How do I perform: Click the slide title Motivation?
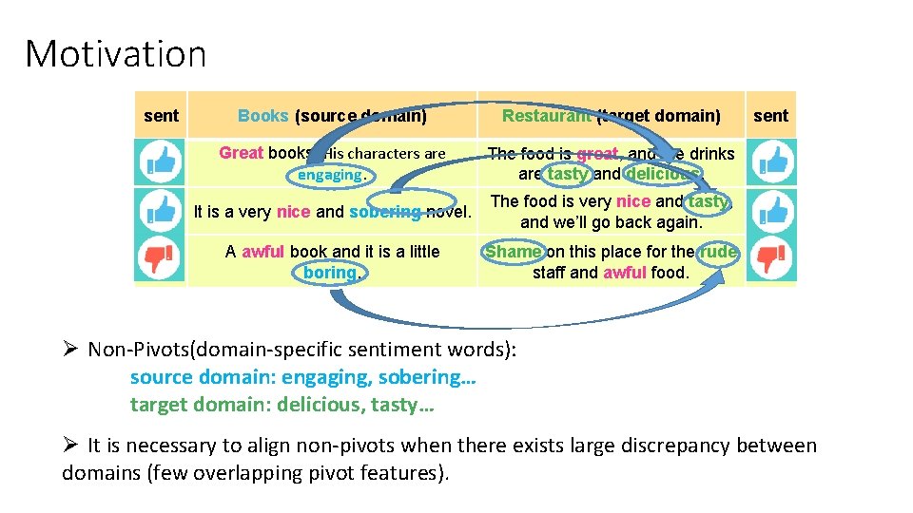point(115,54)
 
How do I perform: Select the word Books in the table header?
point(262,116)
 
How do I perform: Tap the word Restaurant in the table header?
point(545,116)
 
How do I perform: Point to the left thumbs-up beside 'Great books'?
point(160,161)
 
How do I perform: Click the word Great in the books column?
point(241,153)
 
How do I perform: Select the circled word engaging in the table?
point(329,175)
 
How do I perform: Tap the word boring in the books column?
point(330,273)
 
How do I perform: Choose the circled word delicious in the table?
point(663,174)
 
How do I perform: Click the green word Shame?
point(514,252)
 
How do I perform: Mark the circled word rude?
point(717,252)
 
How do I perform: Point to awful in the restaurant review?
point(624,273)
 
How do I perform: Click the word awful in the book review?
point(263,252)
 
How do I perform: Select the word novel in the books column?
point(450,212)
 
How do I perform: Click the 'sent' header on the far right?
point(770,116)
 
